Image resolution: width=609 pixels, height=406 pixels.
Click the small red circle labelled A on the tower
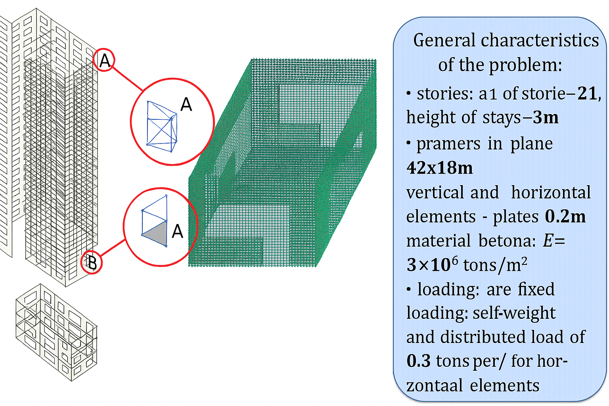coord(104,60)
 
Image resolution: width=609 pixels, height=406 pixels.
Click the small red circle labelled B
coord(92,262)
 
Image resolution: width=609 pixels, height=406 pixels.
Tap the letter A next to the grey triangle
coord(178,231)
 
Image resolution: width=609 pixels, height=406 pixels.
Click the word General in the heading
coord(444,40)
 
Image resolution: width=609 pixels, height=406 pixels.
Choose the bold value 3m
coord(546,117)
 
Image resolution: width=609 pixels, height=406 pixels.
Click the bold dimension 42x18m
coord(440,168)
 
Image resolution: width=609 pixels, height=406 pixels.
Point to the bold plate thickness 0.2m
coord(565,216)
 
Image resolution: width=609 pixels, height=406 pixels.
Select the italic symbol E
coord(548,241)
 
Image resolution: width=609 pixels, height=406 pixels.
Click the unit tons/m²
coord(495,265)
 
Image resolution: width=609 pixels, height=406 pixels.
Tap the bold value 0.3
coord(419,361)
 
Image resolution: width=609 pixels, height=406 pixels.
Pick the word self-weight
coord(514,313)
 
